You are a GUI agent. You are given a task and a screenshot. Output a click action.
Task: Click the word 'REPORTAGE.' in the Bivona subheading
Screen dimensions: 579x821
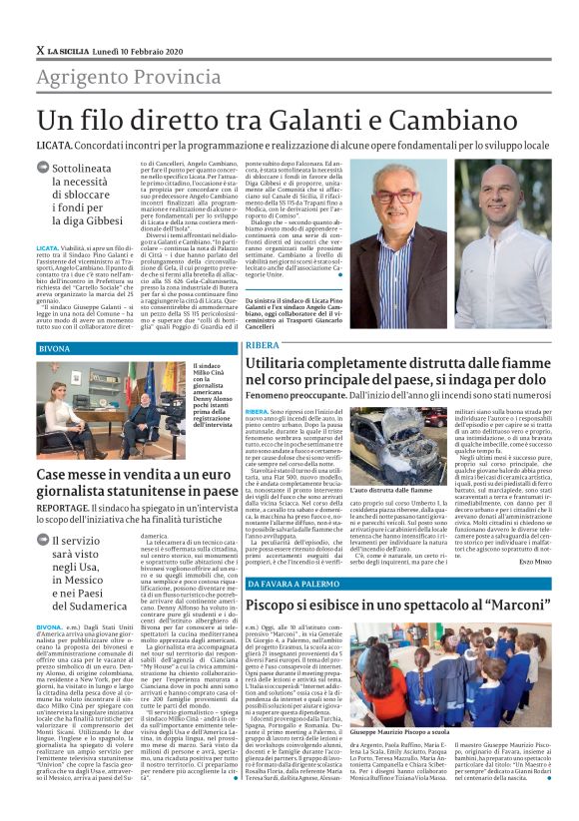tap(63, 507)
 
